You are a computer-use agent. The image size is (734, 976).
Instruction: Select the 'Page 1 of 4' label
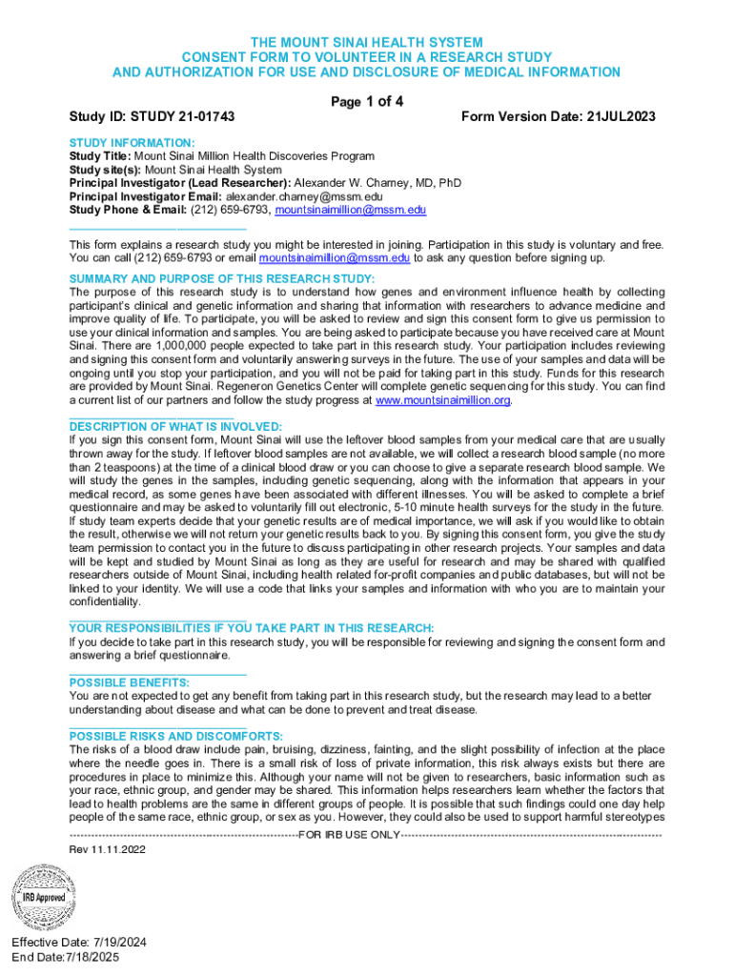click(x=367, y=102)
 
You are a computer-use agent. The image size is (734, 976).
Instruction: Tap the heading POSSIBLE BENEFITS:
click(x=130, y=682)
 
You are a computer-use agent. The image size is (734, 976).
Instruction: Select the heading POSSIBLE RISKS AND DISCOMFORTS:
click(x=176, y=737)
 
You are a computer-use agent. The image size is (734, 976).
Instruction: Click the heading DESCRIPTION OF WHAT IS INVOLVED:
click(x=175, y=426)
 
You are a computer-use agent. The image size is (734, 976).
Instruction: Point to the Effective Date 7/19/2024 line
click(x=79, y=943)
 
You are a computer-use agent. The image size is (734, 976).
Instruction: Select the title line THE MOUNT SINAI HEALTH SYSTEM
click(x=367, y=43)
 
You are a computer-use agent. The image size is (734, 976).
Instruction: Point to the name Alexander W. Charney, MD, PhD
click(x=378, y=182)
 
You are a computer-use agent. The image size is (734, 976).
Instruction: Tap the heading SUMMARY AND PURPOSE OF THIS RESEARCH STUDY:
click(x=222, y=278)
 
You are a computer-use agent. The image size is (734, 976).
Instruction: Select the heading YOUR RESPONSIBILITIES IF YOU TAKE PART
click(x=252, y=628)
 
